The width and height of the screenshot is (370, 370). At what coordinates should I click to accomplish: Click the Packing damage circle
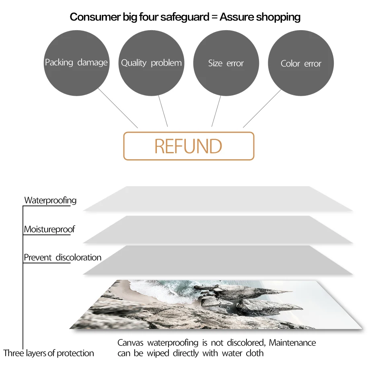coord(76,63)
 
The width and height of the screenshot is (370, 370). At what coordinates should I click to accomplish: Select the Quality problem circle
coord(151,63)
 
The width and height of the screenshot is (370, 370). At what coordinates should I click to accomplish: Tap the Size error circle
coord(226,63)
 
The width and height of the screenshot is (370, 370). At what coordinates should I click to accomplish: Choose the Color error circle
coord(301,63)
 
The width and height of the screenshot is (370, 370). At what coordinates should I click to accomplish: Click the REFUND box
coord(189,146)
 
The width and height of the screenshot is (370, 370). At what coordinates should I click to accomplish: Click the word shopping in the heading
coord(278,17)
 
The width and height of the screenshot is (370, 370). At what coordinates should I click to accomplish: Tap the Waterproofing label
coord(50,200)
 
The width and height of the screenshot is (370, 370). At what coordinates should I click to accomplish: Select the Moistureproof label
coord(49,229)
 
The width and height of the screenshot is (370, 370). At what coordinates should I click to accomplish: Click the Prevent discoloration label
coord(62,257)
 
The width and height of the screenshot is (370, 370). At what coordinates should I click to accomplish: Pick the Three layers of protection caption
coord(49,354)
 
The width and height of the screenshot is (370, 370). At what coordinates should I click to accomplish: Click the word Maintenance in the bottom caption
coord(292,343)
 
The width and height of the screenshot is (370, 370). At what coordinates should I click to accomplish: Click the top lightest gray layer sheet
coord(218,198)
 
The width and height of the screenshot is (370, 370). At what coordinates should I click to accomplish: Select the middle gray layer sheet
coord(218,229)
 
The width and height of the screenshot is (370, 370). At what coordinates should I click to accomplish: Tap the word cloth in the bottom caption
coord(255,354)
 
